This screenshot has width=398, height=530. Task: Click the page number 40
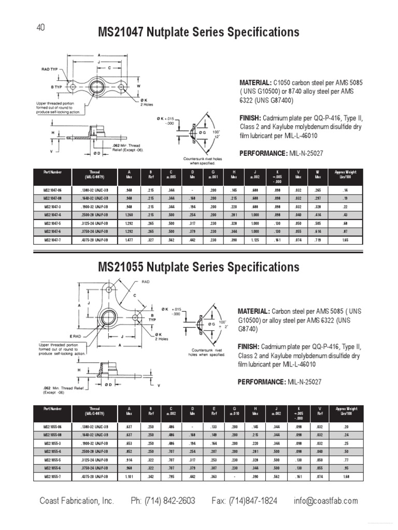point(40,28)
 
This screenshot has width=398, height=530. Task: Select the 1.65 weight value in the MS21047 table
point(345,240)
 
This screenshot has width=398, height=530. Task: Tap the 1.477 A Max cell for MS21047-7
point(129,240)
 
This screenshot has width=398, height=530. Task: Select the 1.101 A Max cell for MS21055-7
point(129,476)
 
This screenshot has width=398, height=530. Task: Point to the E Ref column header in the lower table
point(214,411)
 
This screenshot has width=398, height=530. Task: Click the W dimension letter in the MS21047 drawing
point(138,85)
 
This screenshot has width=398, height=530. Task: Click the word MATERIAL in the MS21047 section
point(254,82)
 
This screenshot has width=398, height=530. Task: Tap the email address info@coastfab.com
point(325,500)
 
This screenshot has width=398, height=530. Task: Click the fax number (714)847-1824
point(244,500)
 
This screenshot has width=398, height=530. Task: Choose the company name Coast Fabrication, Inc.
point(77,500)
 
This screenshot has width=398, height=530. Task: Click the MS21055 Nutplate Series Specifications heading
point(198,267)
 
